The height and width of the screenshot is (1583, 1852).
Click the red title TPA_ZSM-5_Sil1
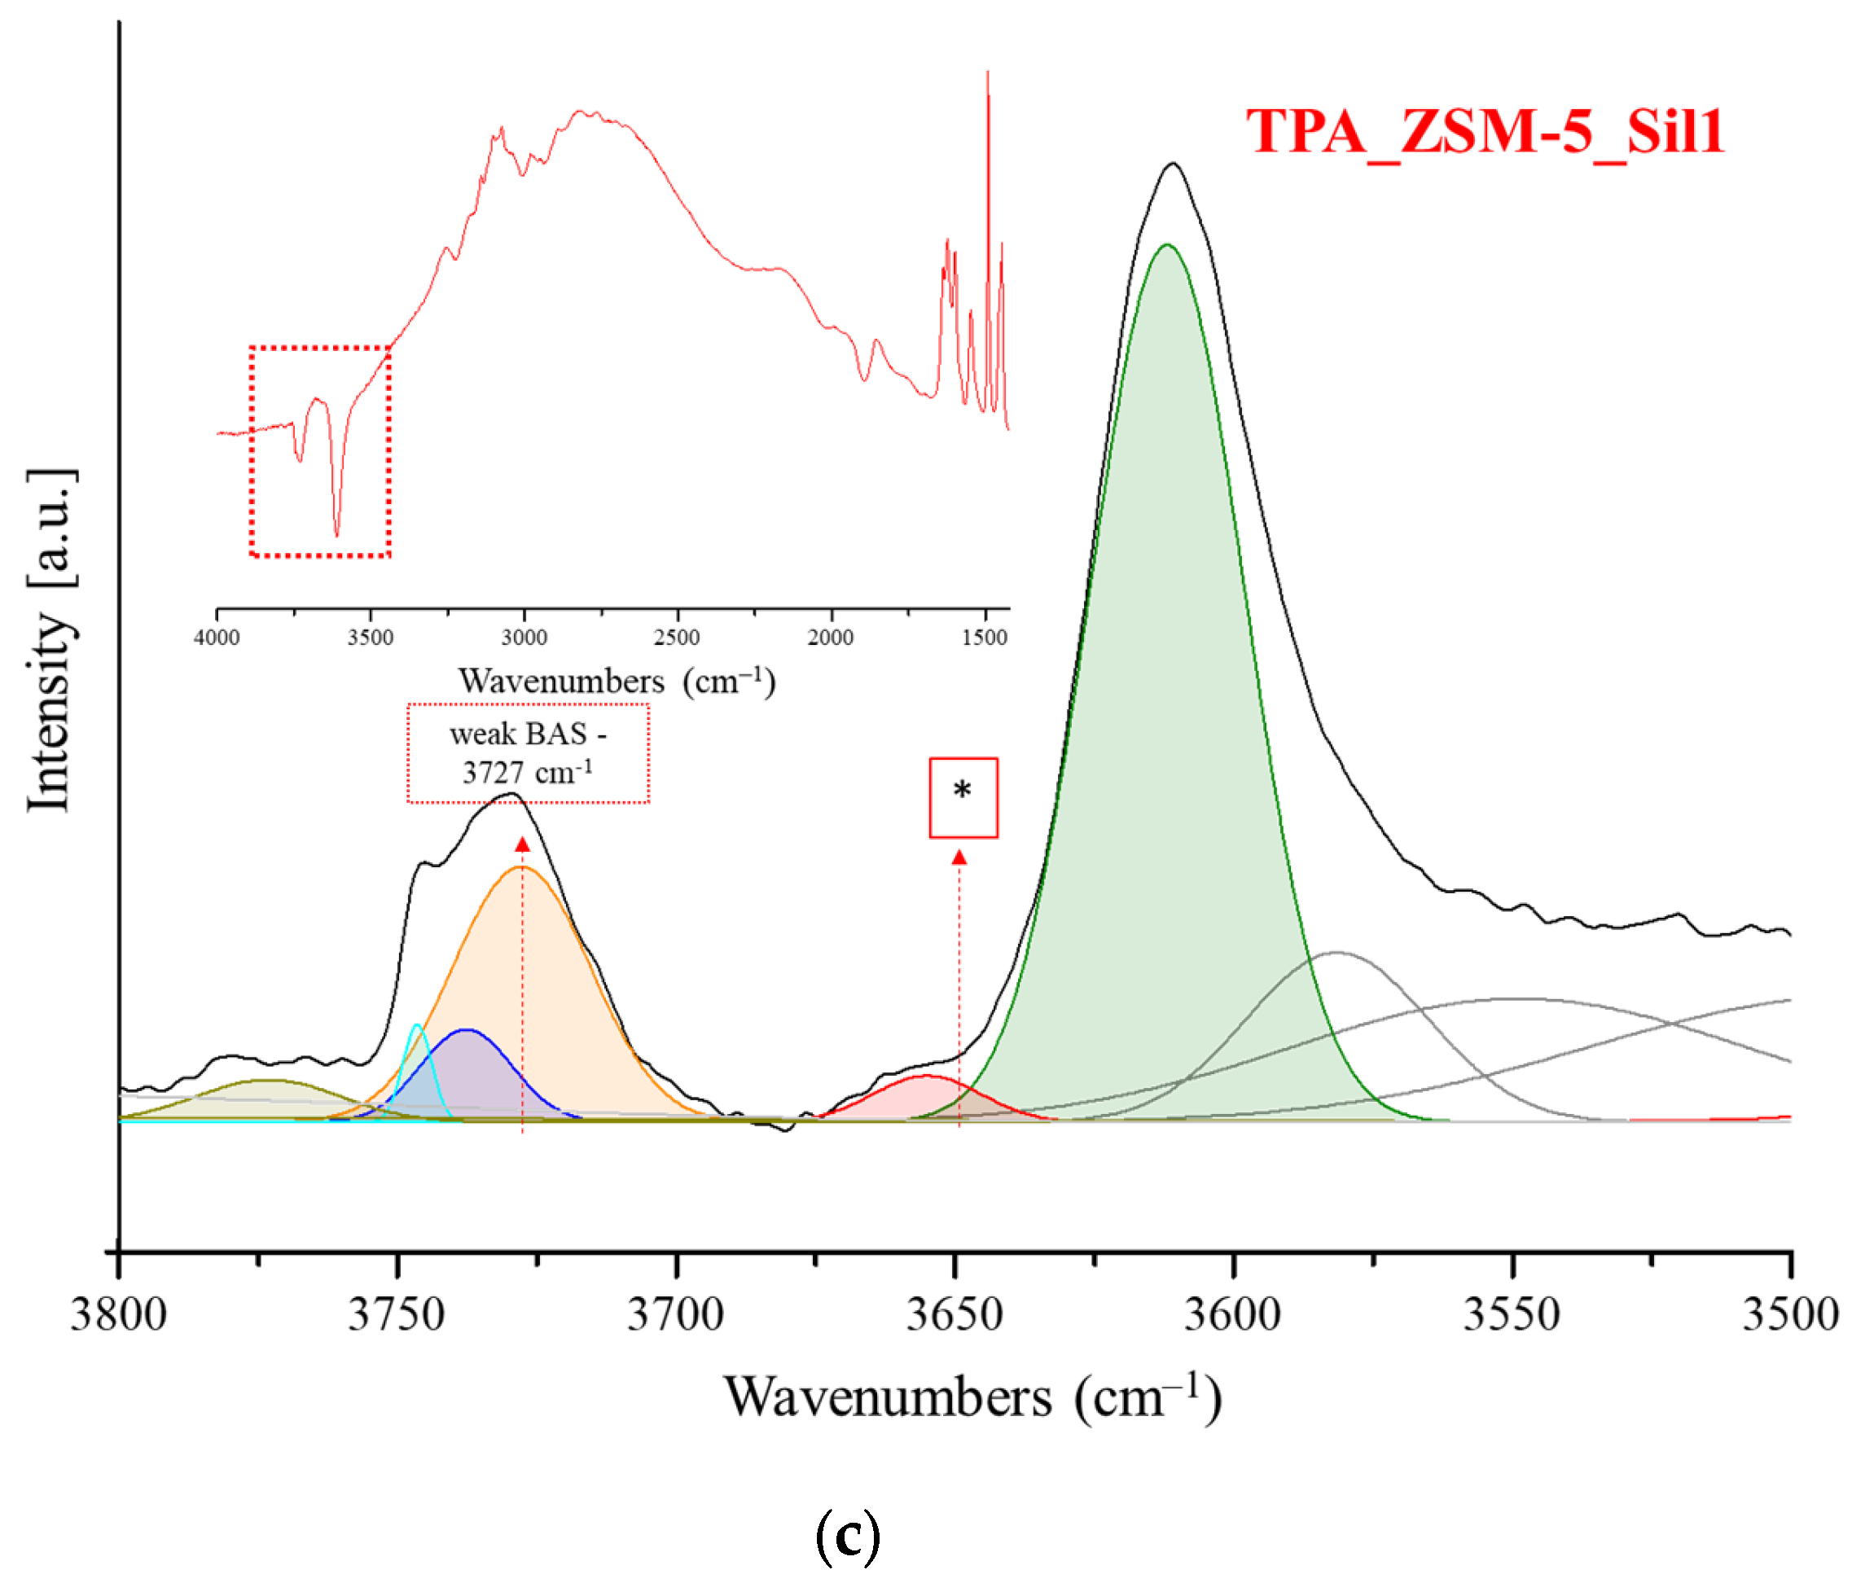click(x=1485, y=131)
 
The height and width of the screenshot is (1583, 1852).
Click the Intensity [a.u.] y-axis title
click(x=51, y=640)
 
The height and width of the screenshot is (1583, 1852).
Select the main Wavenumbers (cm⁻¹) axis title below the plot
click(x=972, y=1398)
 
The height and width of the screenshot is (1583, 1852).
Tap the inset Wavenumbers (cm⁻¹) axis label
click(x=617, y=681)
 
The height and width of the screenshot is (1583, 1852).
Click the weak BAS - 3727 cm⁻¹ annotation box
click(x=529, y=752)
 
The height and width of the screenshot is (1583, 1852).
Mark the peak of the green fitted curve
click(x=1165, y=245)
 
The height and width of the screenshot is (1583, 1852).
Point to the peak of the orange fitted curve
click(x=522, y=866)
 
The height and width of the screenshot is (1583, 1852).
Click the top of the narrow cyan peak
click(x=416, y=1025)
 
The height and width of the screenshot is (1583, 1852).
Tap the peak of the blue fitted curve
click(x=467, y=1030)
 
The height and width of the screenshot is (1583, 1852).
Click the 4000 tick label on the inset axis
click(x=217, y=638)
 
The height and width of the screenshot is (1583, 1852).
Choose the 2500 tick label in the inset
click(x=677, y=638)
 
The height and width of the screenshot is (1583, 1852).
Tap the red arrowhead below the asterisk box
click(x=959, y=858)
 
